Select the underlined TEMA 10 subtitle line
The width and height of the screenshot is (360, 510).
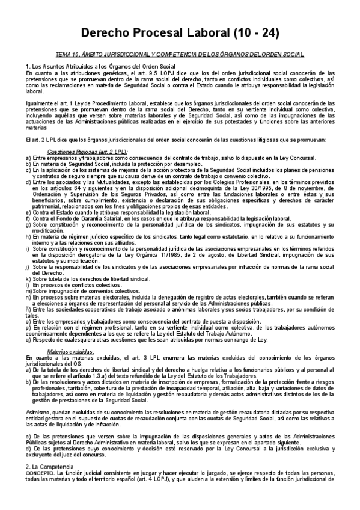pyautogui.click(x=180, y=54)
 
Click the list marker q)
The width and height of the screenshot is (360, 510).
pyautogui.click(x=29, y=340)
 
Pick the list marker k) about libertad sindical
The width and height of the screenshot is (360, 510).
pyautogui.click(x=29, y=280)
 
